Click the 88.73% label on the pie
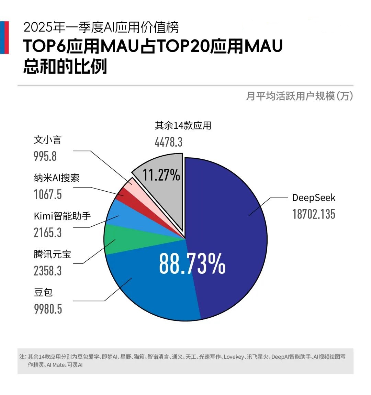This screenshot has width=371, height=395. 192,263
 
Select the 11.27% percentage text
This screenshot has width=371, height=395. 161,175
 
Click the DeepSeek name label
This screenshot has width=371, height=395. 313,198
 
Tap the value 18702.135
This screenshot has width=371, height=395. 313,214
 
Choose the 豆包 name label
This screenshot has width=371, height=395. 43,292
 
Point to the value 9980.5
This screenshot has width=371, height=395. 48,309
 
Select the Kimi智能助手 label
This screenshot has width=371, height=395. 62,216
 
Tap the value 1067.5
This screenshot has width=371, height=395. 48,194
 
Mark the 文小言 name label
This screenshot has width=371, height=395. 47,140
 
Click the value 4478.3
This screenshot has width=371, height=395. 168,142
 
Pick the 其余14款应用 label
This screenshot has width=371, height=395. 183,125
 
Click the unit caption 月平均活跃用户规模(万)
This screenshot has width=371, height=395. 299,96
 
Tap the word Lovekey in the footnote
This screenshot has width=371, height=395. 233,357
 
